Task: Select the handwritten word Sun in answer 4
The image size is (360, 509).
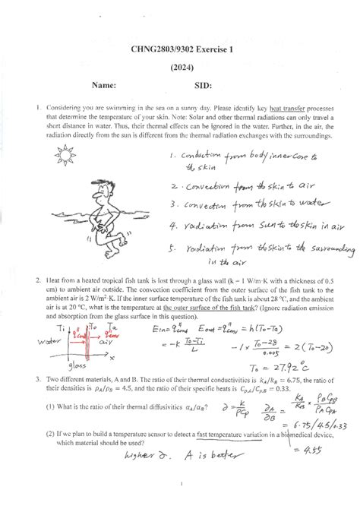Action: coord(267,225)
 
